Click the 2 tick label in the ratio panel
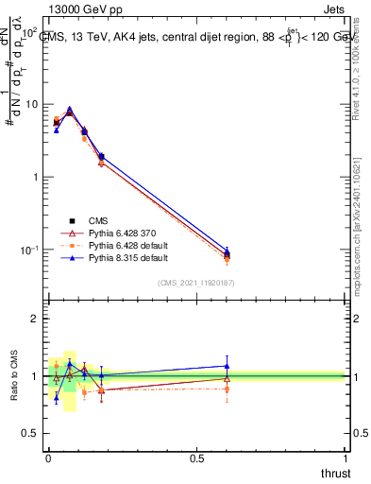[34, 319]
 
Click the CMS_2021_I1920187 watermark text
[195, 282]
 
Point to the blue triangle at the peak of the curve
[69, 109]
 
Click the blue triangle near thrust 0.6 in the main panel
[227, 251]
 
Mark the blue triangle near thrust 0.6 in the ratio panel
[227, 366]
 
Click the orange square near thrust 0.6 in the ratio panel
[227, 389]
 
